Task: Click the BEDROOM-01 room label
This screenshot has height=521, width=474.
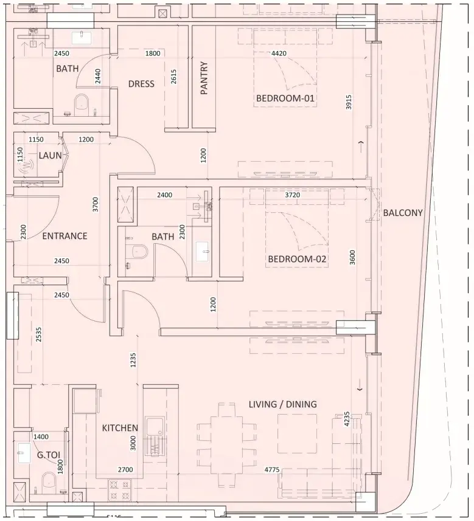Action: [x=285, y=98]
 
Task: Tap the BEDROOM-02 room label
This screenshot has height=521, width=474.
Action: [x=297, y=259]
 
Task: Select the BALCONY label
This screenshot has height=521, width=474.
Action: [x=403, y=213]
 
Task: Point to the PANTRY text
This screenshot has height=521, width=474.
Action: [x=204, y=78]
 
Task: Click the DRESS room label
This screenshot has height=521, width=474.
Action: [x=141, y=83]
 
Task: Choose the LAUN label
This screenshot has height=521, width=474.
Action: [x=51, y=155]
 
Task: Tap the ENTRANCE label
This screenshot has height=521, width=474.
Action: [x=65, y=236]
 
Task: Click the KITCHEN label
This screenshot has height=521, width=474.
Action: [x=120, y=427]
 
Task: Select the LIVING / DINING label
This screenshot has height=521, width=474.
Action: [x=283, y=404]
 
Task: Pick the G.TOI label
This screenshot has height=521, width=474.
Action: [x=49, y=455]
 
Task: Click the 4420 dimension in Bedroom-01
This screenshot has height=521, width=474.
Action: [x=279, y=53]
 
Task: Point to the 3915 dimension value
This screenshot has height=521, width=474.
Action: [x=349, y=102]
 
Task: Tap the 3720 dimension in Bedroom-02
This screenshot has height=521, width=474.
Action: [x=293, y=195]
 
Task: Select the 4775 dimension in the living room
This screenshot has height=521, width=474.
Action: [x=272, y=469]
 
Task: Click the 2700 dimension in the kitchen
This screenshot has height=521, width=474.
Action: [x=125, y=469]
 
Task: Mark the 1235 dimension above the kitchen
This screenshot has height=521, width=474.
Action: [x=133, y=360]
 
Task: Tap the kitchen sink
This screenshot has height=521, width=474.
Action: [x=155, y=436]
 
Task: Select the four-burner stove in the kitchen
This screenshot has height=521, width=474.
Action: [x=119, y=491]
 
